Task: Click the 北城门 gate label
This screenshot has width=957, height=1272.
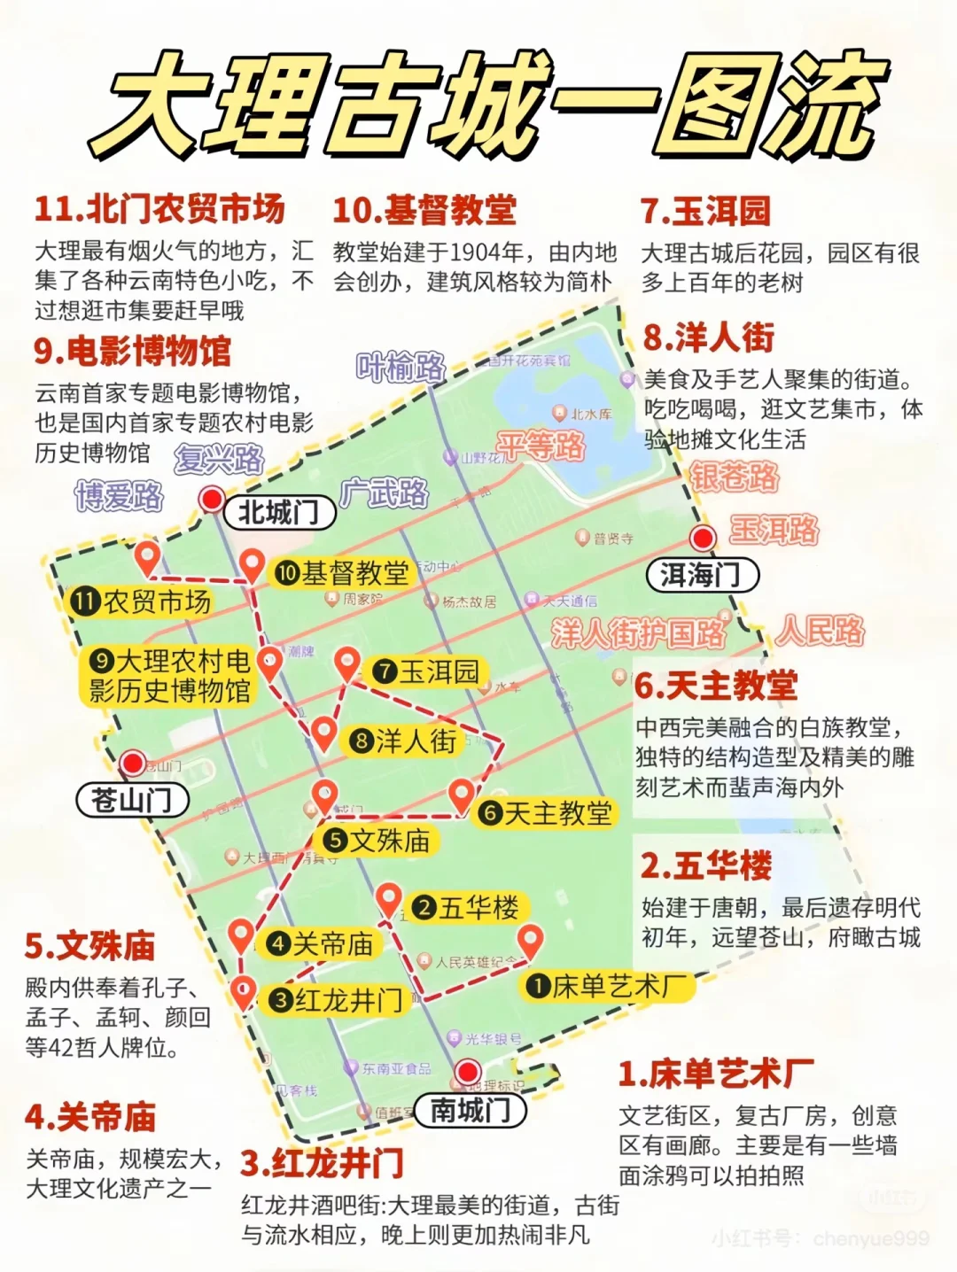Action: pyautogui.click(x=279, y=513)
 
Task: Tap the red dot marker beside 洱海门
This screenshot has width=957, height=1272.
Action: pyautogui.click(x=703, y=538)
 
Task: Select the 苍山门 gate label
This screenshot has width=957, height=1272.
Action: pyautogui.click(x=132, y=801)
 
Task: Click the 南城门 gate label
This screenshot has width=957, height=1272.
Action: pyautogui.click(x=471, y=1110)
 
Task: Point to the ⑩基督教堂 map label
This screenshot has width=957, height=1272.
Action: pyautogui.click(x=342, y=573)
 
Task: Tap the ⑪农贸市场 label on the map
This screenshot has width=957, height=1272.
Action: pyautogui.click(x=142, y=602)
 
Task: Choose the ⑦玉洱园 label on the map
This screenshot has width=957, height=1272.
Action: pyautogui.click(x=426, y=671)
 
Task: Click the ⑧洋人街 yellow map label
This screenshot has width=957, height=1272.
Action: pyautogui.click(x=404, y=741)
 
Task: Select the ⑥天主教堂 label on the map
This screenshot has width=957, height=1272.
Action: pyautogui.click(x=545, y=813)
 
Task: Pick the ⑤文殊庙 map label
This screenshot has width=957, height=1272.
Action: pyautogui.click(x=377, y=841)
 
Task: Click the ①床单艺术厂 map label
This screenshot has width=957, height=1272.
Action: pyautogui.click(x=607, y=985)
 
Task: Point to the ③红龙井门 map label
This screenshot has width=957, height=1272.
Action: pyautogui.click(x=337, y=1001)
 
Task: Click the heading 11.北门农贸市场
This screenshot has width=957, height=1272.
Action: pyautogui.click(x=159, y=210)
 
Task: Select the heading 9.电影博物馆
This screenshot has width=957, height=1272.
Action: pyautogui.click(x=132, y=352)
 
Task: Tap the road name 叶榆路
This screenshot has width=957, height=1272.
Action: pyautogui.click(x=401, y=367)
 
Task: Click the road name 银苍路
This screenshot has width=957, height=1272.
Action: pyautogui.click(x=735, y=477)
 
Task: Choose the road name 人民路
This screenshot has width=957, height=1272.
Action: pyautogui.click(x=821, y=632)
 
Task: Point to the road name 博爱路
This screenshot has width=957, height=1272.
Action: pyautogui.click(x=119, y=496)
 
